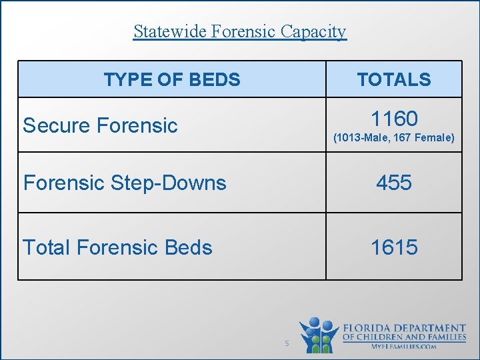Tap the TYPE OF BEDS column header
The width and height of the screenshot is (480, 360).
pyautogui.click(x=171, y=80)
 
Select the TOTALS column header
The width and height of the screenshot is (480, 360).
pyautogui.click(x=393, y=80)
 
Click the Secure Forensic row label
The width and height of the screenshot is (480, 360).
pyautogui.click(x=100, y=125)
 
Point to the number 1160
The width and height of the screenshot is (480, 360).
pyautogui.click(x=394, y=119)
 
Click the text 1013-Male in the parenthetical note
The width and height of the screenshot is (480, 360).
pyautogui.click(x=361, y=138)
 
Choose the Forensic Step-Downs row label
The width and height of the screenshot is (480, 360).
pyautogui.click(x=125, y=183)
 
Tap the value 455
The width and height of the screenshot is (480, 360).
pyautogui.click(x=394, y=183)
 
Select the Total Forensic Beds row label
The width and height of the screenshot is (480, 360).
pyautogui.click(x=117, y=247)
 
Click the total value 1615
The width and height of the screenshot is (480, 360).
pyautogui.click(x=394, y=247)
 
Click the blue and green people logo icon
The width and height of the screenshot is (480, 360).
pyautogui.click(x=319, y=335)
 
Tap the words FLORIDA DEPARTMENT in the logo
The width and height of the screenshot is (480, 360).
pyautogui.click(x=404, y=328)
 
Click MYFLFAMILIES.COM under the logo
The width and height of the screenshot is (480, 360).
pyautogui.click(x=404, y=347)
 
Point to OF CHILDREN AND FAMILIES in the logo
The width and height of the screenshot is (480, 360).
pyautogui.click(x=404, y=337)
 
